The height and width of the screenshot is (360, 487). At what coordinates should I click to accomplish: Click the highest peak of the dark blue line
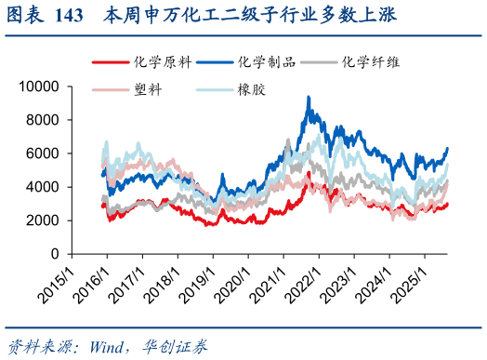tap(309, 97)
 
